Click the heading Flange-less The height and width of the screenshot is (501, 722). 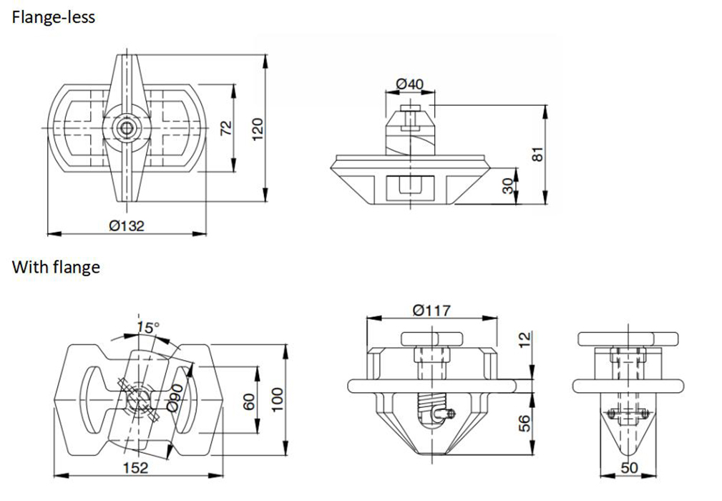tap(53, 17)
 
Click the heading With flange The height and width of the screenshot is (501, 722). tap(55, 268)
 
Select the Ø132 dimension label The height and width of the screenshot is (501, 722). tap(127, 225)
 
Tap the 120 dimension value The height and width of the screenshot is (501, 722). tap(258, 127)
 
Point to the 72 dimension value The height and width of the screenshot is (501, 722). tap(226, 128)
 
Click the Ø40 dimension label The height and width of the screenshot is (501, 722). tap(410, 84)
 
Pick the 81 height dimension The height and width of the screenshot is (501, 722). tap(539, 153)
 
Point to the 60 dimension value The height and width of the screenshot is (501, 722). tap(248, 401)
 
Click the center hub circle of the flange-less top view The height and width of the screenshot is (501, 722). tap(127, 128)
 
